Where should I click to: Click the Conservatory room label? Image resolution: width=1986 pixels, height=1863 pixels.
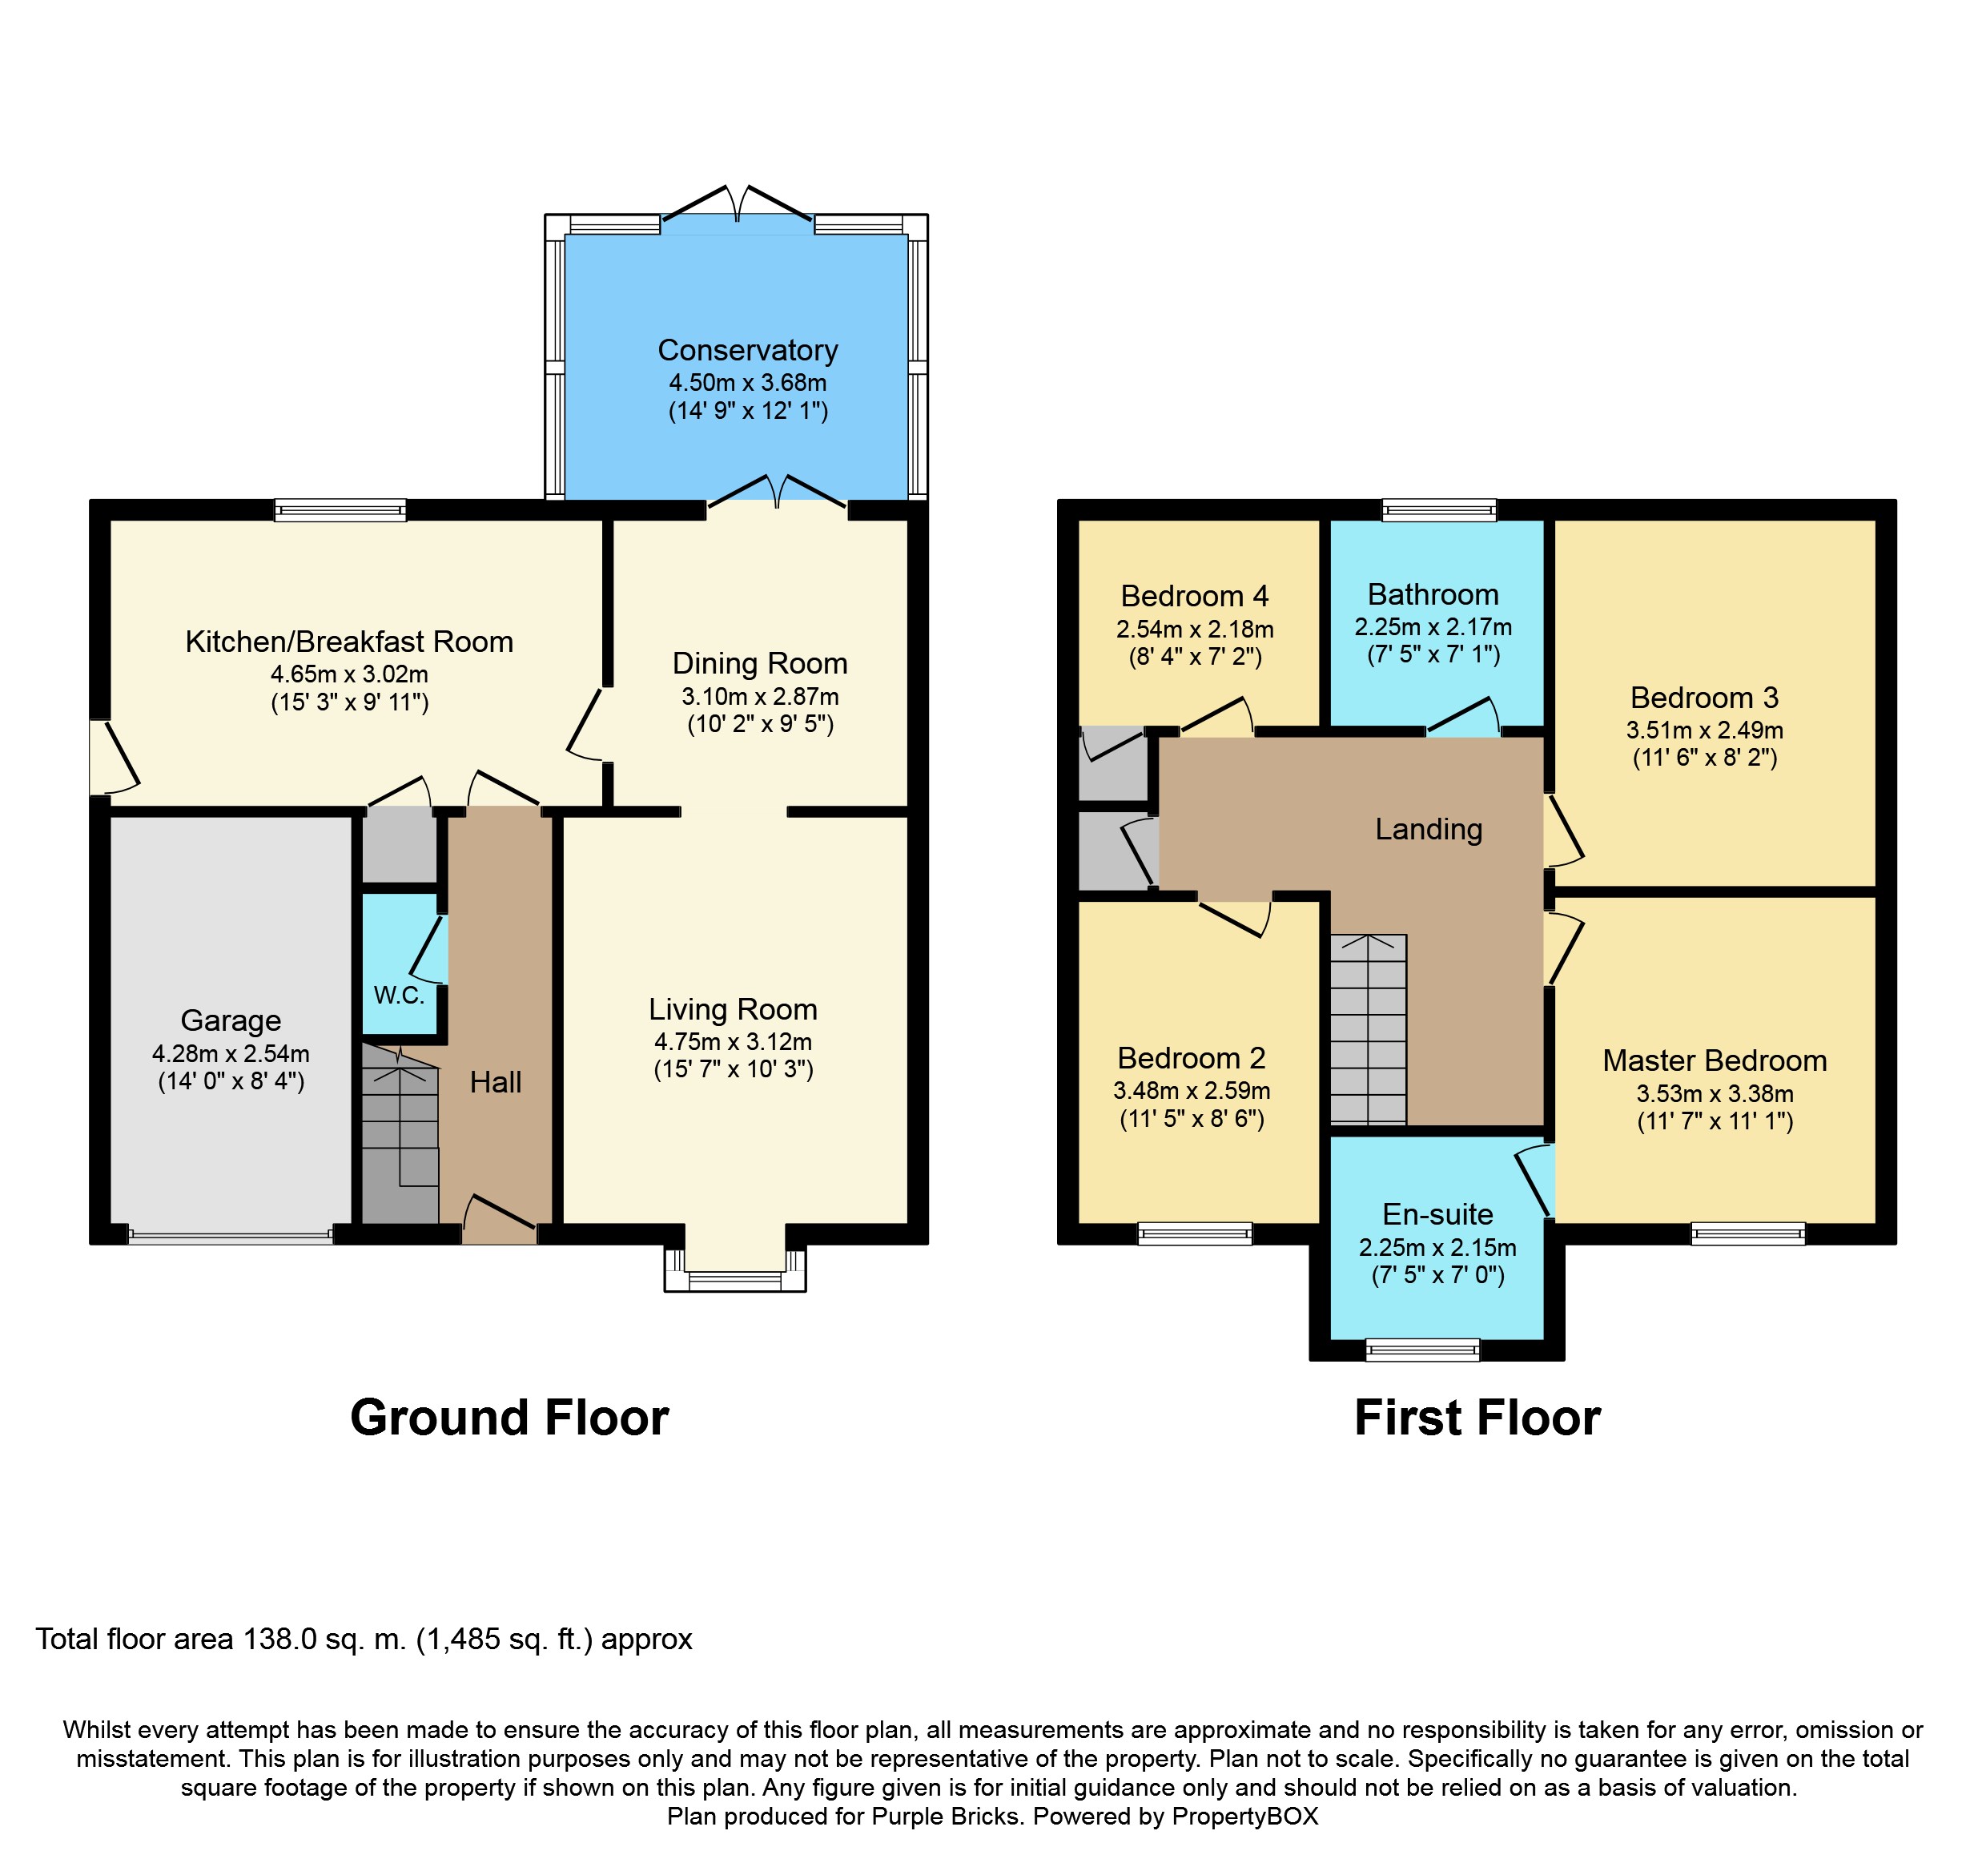click(x=747, y=351)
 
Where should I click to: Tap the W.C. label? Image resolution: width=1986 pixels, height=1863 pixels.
click(x=399, y=995)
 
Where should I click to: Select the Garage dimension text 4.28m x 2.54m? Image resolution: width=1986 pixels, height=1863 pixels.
click(x=231, y=1054)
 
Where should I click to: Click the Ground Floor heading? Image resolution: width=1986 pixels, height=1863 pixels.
click(x=509, y=1418)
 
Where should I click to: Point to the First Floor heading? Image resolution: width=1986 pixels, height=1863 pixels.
click(x=1477, y=1418)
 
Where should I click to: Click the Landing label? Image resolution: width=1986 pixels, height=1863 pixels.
click(x=1428, y=829)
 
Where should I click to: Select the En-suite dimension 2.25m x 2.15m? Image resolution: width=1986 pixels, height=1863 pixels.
click(x=1437, y=1248)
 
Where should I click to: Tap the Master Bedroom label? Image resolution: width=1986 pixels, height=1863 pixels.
click(x=1715, y=1061)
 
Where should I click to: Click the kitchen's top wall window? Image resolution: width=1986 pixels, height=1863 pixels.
click(x=340, y=510)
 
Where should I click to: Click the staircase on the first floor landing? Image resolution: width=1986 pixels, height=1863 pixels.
click(x=1368, y=1029)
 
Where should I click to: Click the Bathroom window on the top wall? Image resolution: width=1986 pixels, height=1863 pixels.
click(x=1438, y=510)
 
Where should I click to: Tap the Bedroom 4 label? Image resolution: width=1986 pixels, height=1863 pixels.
click(x=1194, y=597)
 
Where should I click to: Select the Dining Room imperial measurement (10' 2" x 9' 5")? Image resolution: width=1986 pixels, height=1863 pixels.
click(x=759, y=724)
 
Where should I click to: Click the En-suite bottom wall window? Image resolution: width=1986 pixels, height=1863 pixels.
click(x=1421, y=1350)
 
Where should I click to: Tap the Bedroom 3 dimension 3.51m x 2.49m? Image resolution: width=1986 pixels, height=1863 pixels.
click(x=1704, y=730)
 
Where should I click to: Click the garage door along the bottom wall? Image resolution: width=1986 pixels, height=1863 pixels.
click(x=231, y=1237)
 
